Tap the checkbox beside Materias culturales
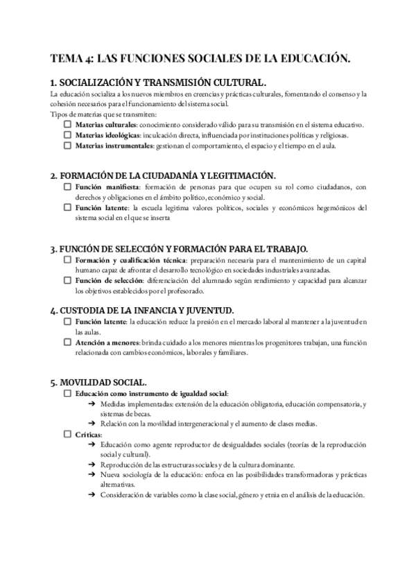click(67, 123)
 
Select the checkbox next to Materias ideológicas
click(67, 135)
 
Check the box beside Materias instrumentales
click(67, 146)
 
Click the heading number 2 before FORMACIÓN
click(54, 175)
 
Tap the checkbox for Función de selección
click(67, 280)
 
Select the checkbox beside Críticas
click(67, 433)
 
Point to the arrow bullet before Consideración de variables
click(92, 495)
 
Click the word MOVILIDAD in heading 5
click(91, 381)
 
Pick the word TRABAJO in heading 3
click(282, 248)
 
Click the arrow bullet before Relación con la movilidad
click(92, 423)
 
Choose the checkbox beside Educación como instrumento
click(67, 392)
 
